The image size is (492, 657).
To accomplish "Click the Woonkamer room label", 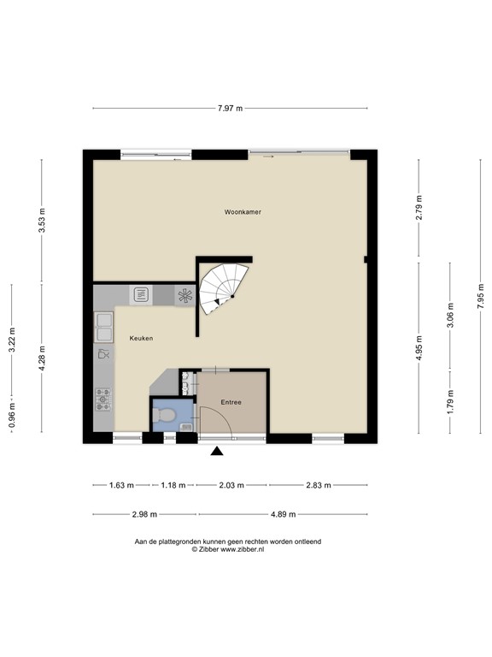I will [x=243, y=211].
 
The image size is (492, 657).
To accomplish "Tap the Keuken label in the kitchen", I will [x=141, y=339].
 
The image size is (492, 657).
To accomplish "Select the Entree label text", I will [x=231, y=402].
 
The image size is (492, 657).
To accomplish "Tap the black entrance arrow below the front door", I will [x=217, y=452].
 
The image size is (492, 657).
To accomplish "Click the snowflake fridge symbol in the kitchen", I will [x=184, y=296].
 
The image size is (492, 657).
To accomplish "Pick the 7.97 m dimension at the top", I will [x=230, y=109].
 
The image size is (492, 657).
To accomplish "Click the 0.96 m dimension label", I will [x=11, y=415].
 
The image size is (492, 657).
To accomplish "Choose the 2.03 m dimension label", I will [x=231, y=485].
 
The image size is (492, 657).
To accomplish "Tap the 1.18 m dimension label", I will [x=173, y=485].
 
